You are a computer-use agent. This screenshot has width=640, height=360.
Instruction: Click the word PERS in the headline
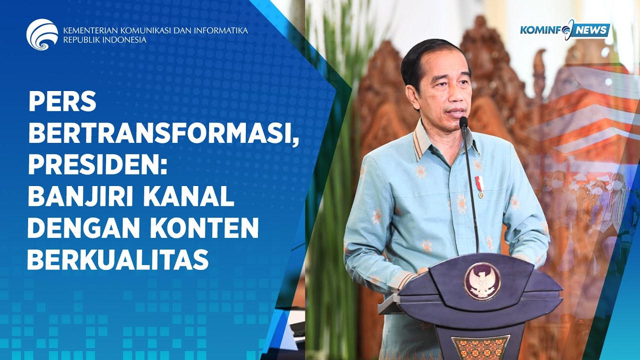(62, 102)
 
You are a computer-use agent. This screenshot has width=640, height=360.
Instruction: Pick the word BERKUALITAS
(118, 259)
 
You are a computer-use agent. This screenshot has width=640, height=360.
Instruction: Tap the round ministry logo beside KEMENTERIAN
(42, 34)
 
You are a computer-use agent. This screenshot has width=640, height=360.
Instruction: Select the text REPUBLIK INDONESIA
(104, 40)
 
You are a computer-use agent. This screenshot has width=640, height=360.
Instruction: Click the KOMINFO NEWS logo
(564, 30)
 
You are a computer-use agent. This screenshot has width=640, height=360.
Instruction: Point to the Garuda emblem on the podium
(482, 281)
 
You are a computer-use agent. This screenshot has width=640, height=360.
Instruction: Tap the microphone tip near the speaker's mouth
(463, 121)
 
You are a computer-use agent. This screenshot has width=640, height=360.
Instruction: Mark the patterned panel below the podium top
(480, 347)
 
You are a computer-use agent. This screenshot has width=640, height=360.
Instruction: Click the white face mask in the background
(556, 184)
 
